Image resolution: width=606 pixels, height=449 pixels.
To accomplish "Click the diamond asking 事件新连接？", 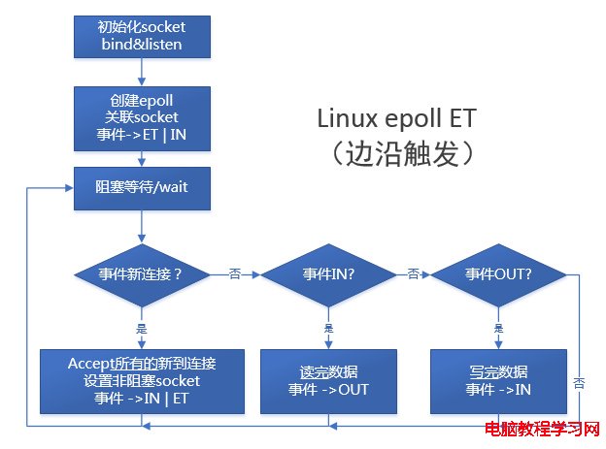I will pos(142,274).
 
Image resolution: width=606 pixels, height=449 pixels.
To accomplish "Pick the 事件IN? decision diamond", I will pos(328,274).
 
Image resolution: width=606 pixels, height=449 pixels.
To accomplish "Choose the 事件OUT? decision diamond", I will pos(499,274).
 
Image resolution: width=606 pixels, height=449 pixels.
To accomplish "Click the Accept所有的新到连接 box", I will pos(142,379).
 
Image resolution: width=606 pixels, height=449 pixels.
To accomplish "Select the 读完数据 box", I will pos(328,379).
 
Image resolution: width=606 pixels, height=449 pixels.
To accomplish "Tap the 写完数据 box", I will pos(499,379).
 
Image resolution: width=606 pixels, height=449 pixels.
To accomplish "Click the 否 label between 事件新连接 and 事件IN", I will pos(234,274).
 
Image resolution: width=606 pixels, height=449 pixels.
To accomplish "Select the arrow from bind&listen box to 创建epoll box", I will pos(142,71).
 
